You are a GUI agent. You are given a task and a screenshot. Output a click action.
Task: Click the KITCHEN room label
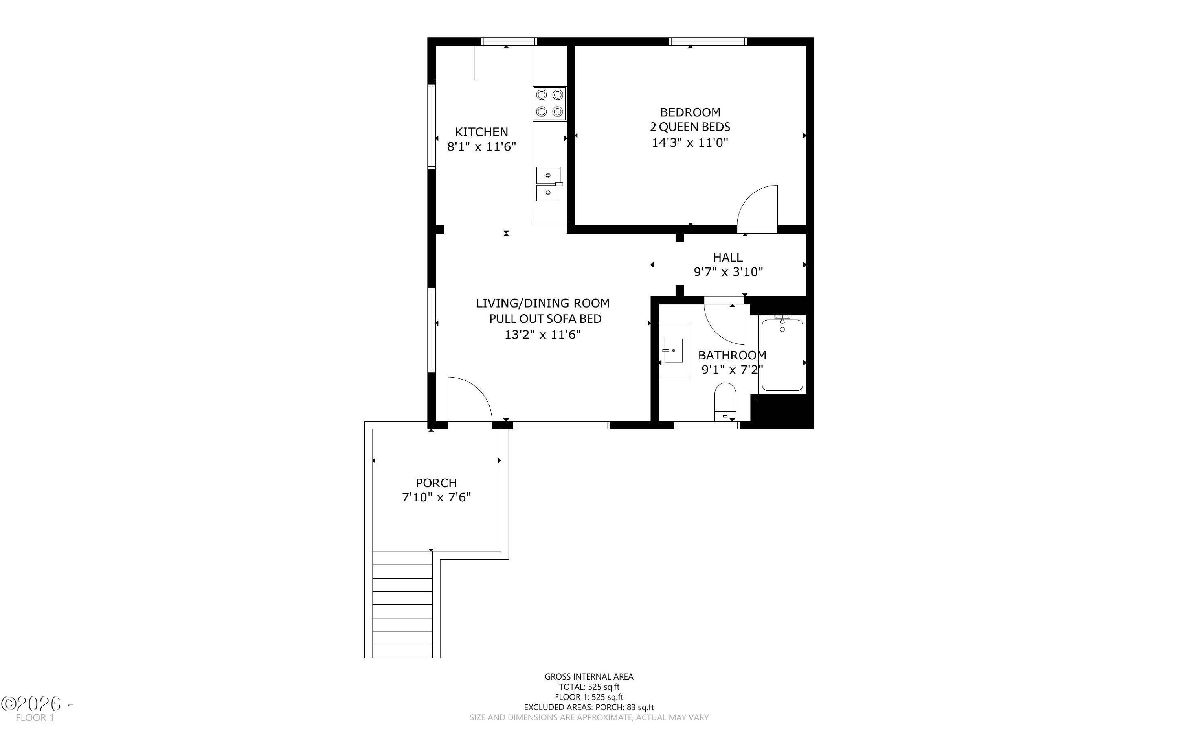tap(481, 132)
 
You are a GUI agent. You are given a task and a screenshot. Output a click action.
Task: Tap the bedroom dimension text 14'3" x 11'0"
tap(690, 143)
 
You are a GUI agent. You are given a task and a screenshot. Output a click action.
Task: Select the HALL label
tap(727, 257)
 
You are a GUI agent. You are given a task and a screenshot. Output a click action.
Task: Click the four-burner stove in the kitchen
tap(549, 103)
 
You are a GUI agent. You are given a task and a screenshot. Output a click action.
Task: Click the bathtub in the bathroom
tap(782, 354)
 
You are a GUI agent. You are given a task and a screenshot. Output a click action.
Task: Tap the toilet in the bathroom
tap(725, 401)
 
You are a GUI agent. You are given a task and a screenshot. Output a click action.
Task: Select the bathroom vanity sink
tap(674, 350)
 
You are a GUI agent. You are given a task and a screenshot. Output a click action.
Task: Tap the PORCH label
tap(436, 483)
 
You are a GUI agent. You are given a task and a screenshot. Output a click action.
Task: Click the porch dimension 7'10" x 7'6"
tap(436, 497)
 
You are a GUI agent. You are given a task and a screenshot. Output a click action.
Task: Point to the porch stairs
tap(402, 604)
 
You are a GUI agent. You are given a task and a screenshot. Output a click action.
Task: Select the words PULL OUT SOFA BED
tap(545, 319)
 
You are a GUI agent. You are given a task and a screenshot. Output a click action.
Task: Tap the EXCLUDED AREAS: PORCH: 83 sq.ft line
tap(589, 707)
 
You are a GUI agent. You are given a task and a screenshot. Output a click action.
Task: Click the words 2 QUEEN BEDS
tap(690, 127)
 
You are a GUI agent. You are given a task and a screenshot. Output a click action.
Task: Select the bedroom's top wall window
tap(709, 41)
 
